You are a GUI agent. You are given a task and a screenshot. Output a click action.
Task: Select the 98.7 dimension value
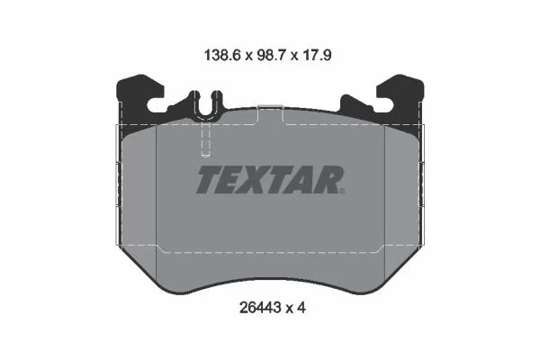click(270, 55)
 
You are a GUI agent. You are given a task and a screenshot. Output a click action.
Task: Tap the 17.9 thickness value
click(316, 55)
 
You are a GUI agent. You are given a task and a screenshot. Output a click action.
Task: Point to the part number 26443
click(260, 308)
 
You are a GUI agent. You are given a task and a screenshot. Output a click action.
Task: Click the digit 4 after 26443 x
click(301, 308)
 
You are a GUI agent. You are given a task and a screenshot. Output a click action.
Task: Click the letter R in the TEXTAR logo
click(328, 179)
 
